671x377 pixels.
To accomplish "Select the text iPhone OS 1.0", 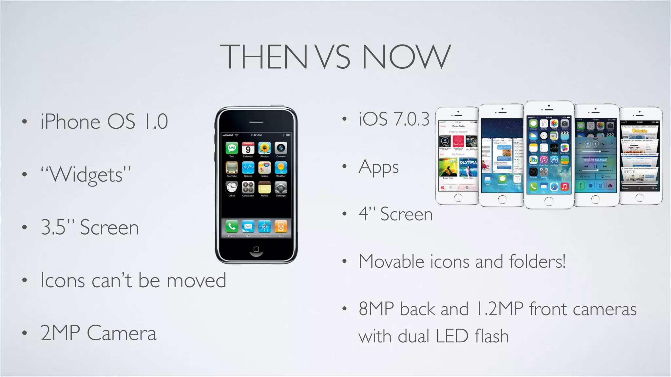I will pyautogui.click(x=104, y=122).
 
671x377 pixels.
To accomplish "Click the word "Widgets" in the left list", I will pyautogui.click(x=86, y=175).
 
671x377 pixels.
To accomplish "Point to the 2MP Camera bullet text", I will pyautogui.click(x=98, y=333).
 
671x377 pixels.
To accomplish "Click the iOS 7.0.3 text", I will pyautogui.click(x=394, y=119).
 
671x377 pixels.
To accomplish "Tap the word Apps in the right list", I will pyautogui.click(x=378, y=168).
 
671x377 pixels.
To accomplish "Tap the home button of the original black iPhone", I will pyautogui.click(x=256, y=249).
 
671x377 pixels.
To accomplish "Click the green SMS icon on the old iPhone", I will pyautogui.click(x=232, y=148).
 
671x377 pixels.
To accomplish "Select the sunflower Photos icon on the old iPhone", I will pyautogui.click(x=264, y=148).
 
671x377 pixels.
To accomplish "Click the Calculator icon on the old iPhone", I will pyautogui.click(x=248, y=188).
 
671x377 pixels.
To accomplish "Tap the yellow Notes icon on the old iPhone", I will pyautogui.click(x=264, y=188).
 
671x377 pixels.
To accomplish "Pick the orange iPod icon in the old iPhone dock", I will pyautogui.click(x=281, y=226).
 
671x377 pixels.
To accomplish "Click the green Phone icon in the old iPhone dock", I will pyautogui.click(x=232, y=226).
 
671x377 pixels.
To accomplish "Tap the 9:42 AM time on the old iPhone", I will pyautogui.click(x=256, y=135).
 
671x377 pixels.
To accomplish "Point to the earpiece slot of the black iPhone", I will pyautogui.click(x=256, y=122).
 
